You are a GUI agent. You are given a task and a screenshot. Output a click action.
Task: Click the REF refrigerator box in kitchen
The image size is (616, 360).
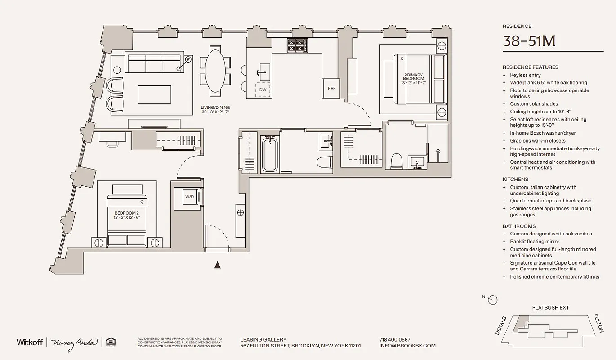coord(331,88)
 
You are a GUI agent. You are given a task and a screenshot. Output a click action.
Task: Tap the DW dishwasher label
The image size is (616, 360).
coord(263,90)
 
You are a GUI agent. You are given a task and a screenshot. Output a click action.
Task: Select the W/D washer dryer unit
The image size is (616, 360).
coord(189,196)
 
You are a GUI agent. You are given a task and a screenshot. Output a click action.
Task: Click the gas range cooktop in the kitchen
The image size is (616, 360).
coord(297,45)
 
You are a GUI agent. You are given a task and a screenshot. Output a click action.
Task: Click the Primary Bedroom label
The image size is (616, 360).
coord(414,77)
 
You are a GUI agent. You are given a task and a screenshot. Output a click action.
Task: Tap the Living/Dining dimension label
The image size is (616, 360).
coord(215,110)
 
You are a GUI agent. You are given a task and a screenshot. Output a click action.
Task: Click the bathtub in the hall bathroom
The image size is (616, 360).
coord(271,154)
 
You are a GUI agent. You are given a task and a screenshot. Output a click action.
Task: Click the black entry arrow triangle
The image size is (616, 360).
coord(218,265)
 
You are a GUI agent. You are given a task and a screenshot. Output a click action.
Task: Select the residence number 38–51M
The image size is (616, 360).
coord(529,41)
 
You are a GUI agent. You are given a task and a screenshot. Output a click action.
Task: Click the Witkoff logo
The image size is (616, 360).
coord(30,342)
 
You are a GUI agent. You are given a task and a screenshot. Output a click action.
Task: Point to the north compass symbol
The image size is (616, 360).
coord(493,299)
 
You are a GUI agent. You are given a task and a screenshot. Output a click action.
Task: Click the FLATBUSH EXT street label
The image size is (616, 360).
coord(550,308)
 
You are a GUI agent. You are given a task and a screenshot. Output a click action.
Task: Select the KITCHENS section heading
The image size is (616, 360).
coord(515,180)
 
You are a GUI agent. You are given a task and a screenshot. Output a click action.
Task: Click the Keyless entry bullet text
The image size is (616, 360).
coord(525,75)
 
